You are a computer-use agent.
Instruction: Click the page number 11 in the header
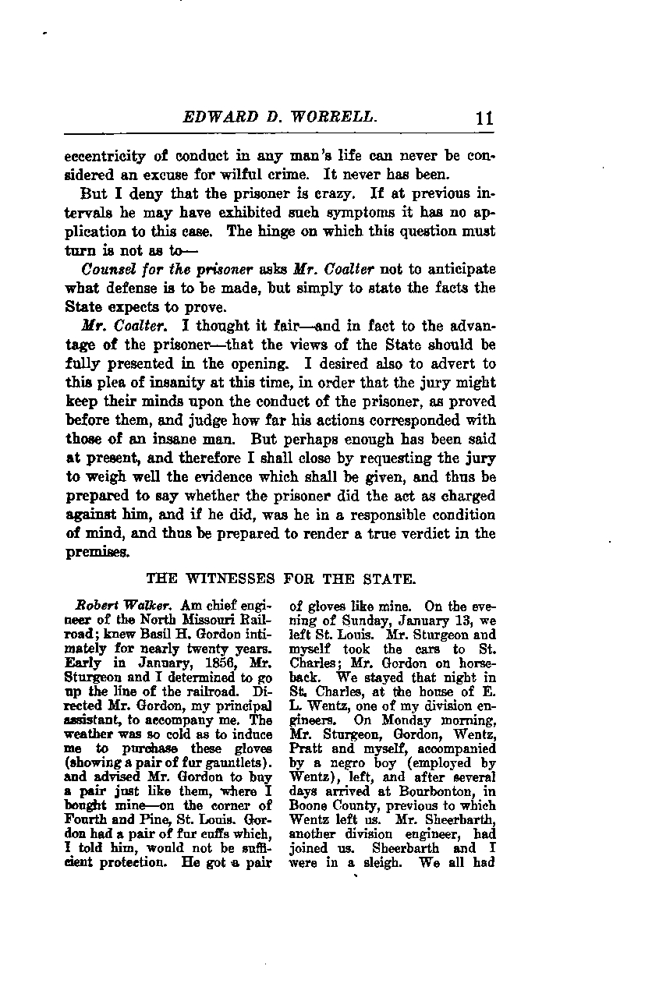484,118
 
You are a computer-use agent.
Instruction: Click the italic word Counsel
108,269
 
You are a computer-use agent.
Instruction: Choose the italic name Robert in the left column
96,604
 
